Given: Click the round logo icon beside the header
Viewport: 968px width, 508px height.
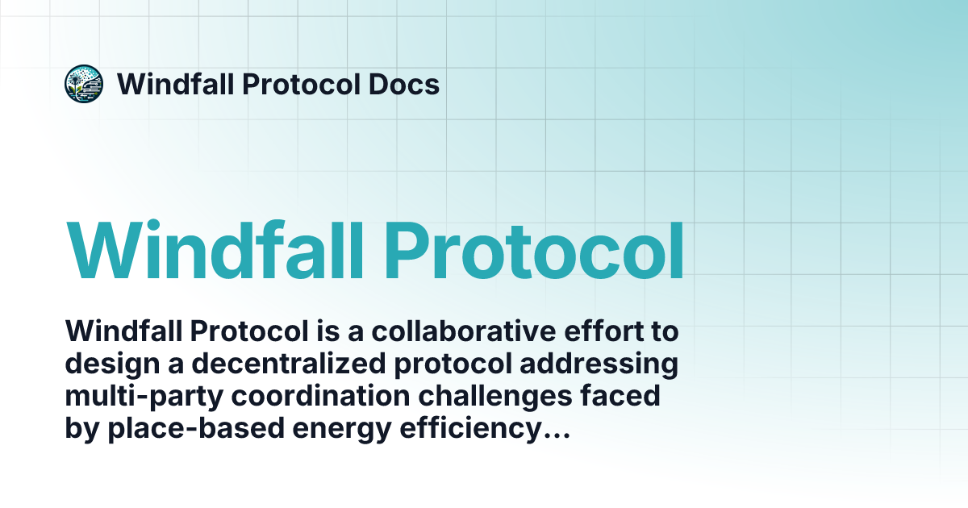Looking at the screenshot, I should click(84, 84).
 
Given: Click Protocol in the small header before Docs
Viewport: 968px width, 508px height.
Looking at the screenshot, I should click(296, 84).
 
